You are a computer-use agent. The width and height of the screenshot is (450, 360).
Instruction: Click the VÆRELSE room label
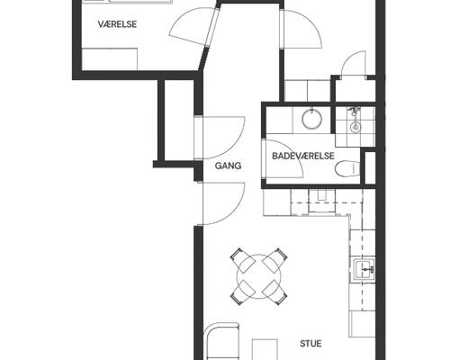pos(117,24)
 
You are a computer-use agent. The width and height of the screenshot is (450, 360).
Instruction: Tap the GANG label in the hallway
pos(228,166)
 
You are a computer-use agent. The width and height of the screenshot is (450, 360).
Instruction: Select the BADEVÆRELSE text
pos(303,156)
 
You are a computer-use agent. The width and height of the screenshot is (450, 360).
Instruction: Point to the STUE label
pos(310,343)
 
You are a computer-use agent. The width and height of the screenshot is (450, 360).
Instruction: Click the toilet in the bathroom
pos(347,168)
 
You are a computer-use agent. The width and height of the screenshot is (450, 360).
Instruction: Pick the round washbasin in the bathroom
pos(311,119)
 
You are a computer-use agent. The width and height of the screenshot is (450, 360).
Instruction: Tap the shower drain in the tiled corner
pos(355,127)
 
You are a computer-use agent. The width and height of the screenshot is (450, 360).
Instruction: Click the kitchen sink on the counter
pos(364,269)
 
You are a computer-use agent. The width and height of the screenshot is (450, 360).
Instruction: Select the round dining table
pos(259,276)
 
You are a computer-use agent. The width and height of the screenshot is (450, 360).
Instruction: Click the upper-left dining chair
pos(242,260)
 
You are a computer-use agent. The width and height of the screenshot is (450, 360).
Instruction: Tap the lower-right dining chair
pos(275,292)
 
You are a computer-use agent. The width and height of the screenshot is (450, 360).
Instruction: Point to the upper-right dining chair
pos(275,260)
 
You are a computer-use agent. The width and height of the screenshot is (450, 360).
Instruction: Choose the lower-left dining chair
pos(242,292)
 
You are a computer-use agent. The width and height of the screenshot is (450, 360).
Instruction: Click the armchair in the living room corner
pos(222,341)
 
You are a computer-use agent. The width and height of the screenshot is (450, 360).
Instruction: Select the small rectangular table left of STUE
pos(265,349)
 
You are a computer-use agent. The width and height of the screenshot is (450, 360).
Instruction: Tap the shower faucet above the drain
pos(354,112)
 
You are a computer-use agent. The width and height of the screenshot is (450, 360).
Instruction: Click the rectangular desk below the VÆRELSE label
pos(110,58)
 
